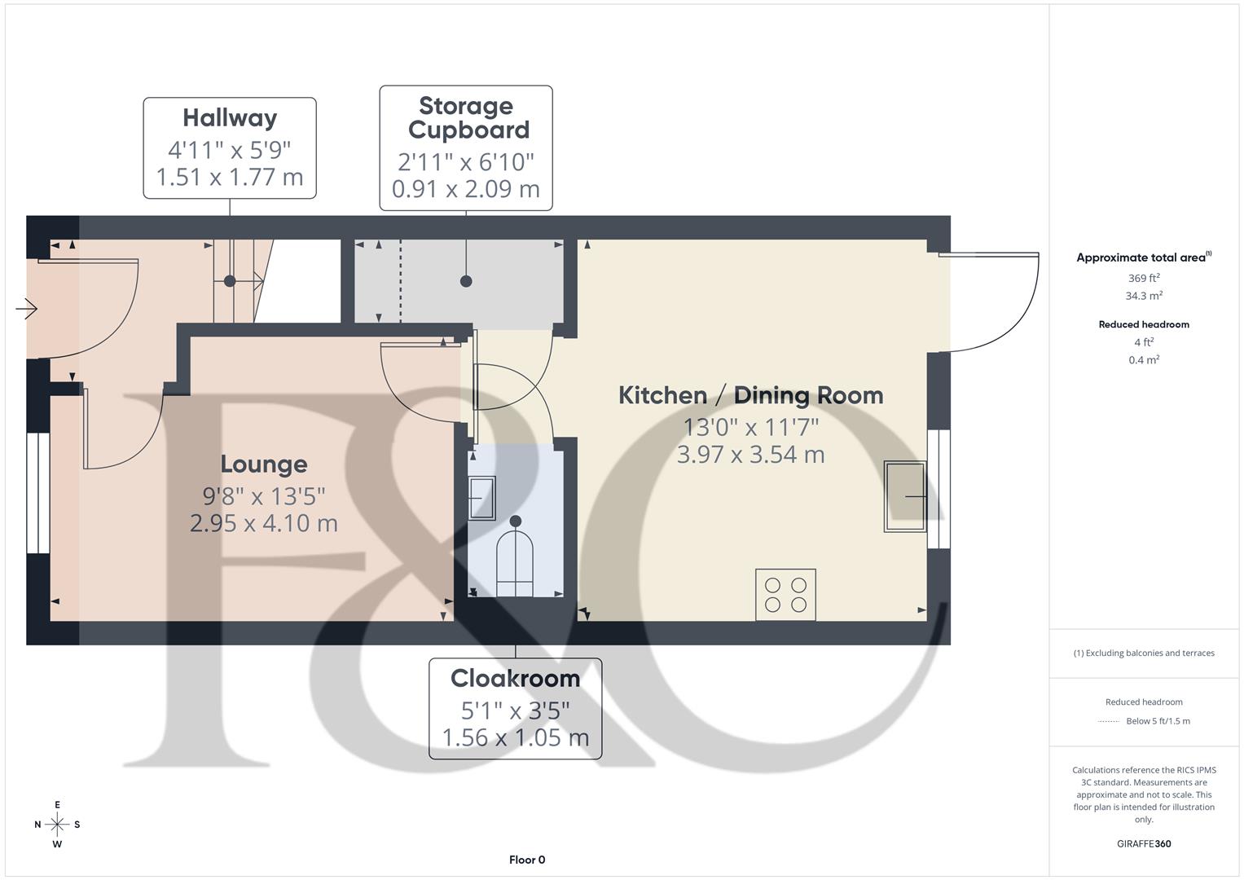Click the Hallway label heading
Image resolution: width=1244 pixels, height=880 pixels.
230,118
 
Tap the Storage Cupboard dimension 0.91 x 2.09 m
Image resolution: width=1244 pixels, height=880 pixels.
466,189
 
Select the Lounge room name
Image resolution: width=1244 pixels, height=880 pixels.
264,464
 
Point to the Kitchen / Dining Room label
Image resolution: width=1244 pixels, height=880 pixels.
751,395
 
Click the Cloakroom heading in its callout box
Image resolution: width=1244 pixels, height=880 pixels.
516,678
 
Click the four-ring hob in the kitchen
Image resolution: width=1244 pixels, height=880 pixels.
786,595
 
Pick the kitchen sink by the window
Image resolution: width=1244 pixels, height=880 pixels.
905,496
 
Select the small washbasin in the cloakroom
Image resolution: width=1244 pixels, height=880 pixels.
481,499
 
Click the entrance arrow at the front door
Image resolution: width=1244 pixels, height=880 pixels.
26,308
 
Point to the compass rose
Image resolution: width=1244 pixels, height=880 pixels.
57,825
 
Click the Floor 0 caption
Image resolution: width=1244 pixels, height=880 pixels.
527,860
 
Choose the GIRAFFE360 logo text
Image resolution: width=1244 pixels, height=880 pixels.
1144,844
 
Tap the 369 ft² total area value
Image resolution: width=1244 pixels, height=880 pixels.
1144,278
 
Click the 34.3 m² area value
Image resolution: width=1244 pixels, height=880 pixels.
1144,296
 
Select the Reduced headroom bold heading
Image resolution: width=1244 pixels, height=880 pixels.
1144,324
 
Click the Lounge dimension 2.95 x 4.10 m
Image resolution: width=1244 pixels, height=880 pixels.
264,523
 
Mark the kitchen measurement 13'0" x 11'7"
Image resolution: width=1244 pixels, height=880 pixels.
751,428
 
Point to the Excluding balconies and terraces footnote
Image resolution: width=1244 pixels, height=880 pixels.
1144,653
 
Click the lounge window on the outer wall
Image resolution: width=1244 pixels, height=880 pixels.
37,493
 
